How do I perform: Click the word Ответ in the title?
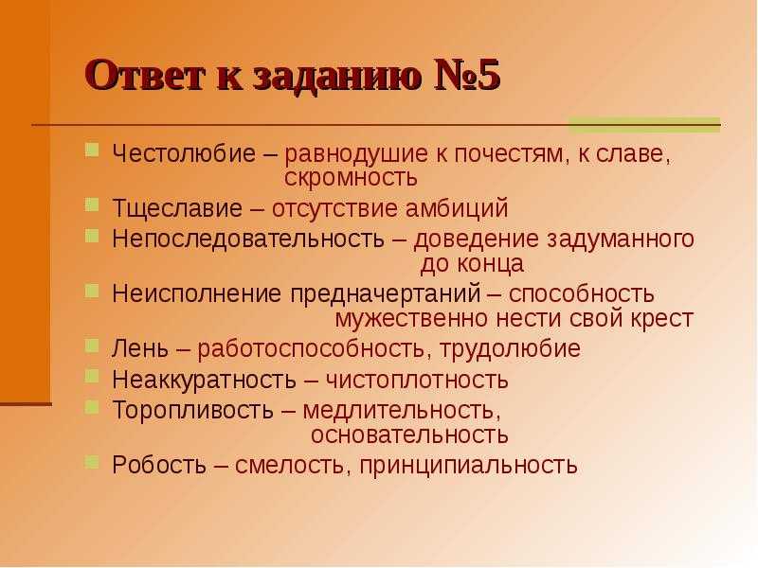(x=145, y=76)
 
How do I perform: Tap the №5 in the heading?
(x=466, y=76)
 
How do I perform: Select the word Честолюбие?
(x=184, y=153)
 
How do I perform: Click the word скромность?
(x=351, y=178)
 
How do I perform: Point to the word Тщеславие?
(x=177, y=208)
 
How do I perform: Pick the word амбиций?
(x=457, y=208)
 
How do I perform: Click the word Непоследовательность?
(x=248, y=239)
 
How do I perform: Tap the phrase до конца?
(x=472, y=264)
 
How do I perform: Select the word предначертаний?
(x=386, y=294)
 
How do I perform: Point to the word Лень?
(x=140, y=348)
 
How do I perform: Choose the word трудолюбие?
(x=510, y=349)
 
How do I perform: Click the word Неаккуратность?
(x=204, y=380)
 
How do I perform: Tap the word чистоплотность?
(x=417, y=381)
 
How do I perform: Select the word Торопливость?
(x=193, y=411)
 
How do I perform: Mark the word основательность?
(x=409, y=435)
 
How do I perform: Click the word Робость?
(x=159, y=465)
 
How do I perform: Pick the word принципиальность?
(x=468, y=466)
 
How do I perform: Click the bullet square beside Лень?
(x=92, y=346)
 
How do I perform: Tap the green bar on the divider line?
(x=644, y=125)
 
